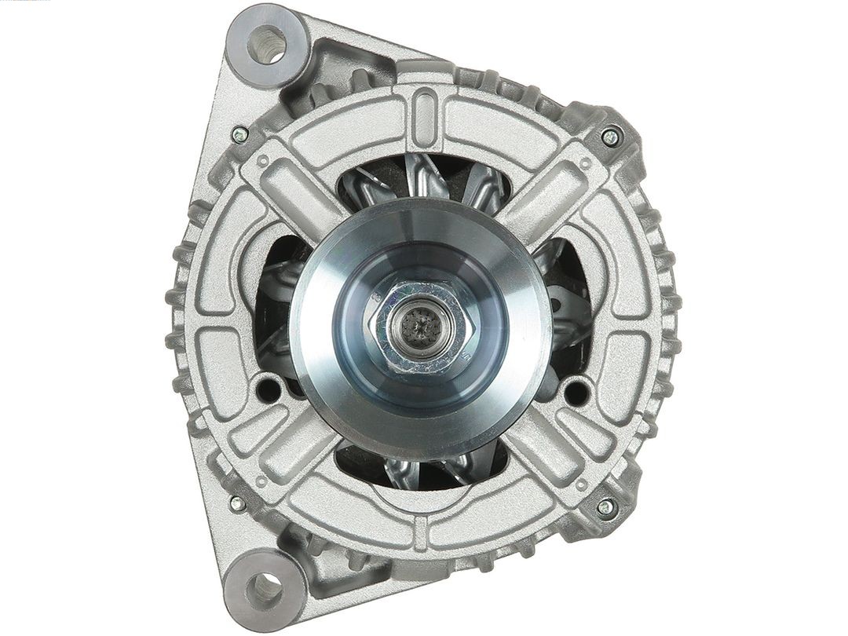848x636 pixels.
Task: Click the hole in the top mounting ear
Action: (x=267, y=44)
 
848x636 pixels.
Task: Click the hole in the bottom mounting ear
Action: (x=265, y=588)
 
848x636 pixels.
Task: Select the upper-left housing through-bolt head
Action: (x=240, y=134)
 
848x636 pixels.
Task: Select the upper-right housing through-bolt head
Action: (x=610, y=137)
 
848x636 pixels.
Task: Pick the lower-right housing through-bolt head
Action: (x=606, y=507)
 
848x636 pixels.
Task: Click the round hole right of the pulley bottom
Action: (x=576, y=389)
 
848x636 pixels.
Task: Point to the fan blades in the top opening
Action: (x=428, y=181)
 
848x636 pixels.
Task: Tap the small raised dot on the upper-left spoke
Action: (x=264, y=160)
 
